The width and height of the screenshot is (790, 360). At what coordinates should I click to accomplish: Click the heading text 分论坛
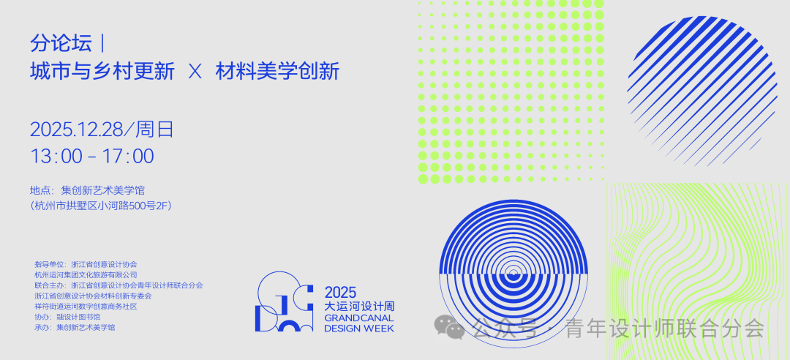tap(61, 43)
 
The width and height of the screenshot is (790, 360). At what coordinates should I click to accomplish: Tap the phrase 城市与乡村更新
tap(103, 72)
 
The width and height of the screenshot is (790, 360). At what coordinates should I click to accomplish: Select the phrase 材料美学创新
tap(278, 72)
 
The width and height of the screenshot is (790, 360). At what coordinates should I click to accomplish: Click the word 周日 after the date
tap(154, 130)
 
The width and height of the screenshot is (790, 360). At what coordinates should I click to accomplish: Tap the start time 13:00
tap(56, 157)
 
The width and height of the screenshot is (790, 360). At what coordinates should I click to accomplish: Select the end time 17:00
tap(128, 157)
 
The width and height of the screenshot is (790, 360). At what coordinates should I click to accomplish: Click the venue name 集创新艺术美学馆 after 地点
tap(103, 190)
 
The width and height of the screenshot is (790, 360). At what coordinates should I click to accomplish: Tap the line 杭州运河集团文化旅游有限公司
tap(86, 275)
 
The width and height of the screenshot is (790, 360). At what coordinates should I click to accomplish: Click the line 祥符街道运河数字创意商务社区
tap(86, 307)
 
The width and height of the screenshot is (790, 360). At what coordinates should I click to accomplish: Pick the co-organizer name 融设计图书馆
tap(78, 317)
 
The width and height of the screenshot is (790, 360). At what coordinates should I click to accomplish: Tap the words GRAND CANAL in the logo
tap(358, 318)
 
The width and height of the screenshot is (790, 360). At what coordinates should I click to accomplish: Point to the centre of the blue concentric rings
tap(513, 274)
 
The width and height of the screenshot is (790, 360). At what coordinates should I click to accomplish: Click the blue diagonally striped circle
tap(702, 91)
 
